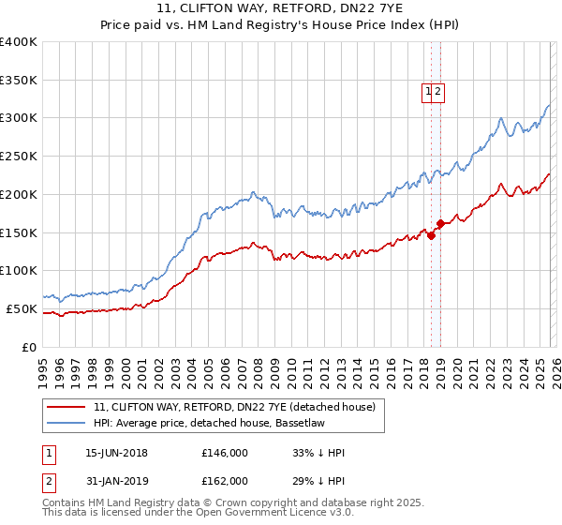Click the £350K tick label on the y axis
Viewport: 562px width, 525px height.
click(x=18, y=80)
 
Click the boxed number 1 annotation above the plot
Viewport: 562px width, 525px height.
click(x=428, y=91)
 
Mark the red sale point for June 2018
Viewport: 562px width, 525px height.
click(x=431, y=235)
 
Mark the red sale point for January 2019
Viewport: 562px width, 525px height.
click(x=440, y=223)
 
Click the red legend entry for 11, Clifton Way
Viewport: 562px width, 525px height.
click(x=234, y=407)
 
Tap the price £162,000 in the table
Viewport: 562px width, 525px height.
click(x=224, y=481)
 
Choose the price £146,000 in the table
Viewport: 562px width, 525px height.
click(x=224, y=453)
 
